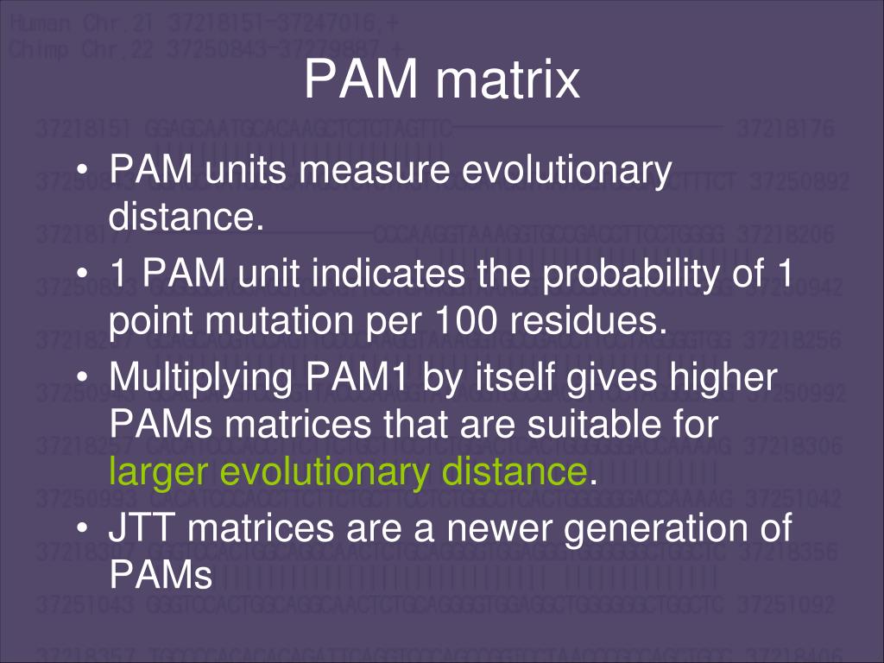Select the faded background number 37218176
[786, 130]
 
